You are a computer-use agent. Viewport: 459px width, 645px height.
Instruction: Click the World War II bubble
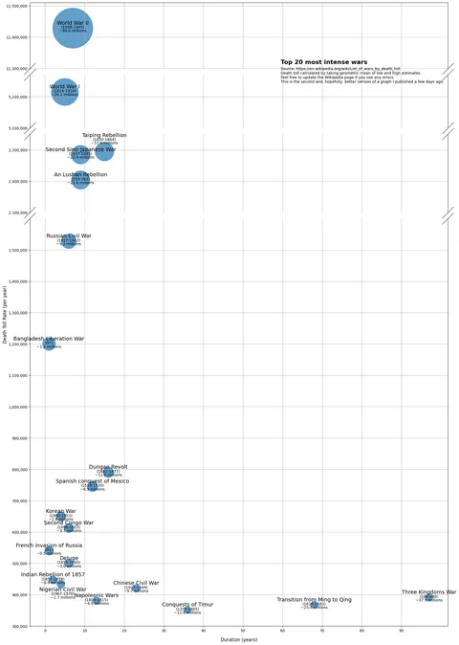pyautogui.click(x=73, y=29)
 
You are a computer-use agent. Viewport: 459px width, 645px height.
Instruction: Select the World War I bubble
pyautogui.click(x=64, y=92)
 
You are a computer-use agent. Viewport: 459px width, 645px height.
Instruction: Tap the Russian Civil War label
pyautogui.click(x=69, y=235)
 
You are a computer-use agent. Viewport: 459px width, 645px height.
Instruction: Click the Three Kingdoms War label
pyautogui.click(x=428, y=592)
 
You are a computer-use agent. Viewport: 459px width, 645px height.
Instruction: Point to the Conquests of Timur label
pyautogui.click(x=187, y=605)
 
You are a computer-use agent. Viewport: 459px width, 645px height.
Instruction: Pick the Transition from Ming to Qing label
pyautogui.click(x=315, y=599)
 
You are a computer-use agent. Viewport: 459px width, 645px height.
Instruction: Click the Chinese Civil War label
pyautogui.click(x=136, y=583)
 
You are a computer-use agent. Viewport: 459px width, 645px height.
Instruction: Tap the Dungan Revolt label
pyautogui.click(x=108, y=467)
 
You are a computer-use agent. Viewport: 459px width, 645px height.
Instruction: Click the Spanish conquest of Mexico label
pyautogui.click(x=92, y=481)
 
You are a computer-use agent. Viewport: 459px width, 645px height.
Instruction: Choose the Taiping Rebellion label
pyautogui.click(x=104, y=136)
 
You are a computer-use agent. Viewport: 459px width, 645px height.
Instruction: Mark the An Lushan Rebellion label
pyautogui.click(x=80, y=175)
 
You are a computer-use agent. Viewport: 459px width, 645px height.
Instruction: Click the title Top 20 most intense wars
pyautogui.click(x=323, y=62)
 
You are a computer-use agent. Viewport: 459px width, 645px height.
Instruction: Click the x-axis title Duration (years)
pyautogui.click(x=238, y=639)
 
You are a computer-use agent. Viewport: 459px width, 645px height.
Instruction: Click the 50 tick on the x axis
pyautogui.click(x=243, y=632)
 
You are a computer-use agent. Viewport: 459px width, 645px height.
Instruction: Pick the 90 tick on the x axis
pyautogui.click(x=402, y=632)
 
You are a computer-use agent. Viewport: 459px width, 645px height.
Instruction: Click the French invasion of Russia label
pyautogui.click(x=49, y=545)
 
